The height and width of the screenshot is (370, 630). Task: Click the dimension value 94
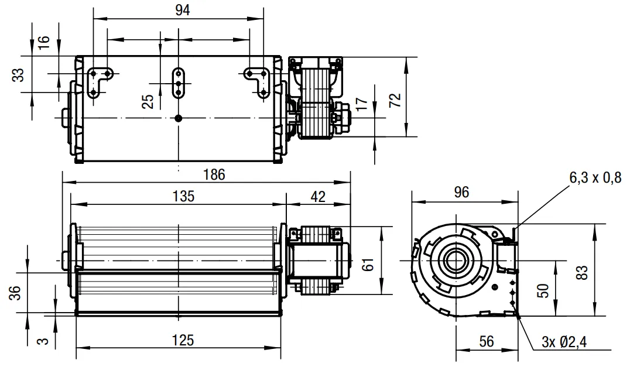coord(183,10)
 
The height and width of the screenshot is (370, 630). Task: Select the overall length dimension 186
coord(214,175)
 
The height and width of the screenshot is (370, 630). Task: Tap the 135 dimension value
coord(184,197)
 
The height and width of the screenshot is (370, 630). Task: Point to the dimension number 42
coord(318,197)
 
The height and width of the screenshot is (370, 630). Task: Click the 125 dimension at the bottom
coord(183,340)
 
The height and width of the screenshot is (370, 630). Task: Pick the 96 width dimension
coord(461,193)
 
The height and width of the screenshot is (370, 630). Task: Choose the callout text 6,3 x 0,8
coord(595,177)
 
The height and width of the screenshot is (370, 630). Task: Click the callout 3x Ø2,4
coord(564,342)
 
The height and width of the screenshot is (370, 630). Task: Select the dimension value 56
coord(486,341)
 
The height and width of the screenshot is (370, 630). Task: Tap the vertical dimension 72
coord(396,100)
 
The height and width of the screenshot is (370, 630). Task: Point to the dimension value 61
coord(368,265)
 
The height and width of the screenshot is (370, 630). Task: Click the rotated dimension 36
coord(15,293)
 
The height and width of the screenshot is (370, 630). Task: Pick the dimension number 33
coord(18,75)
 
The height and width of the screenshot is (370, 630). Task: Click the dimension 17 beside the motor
coord(362,104)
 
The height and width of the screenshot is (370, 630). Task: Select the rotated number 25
coord(148,101)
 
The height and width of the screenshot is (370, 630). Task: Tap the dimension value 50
coord(543,290)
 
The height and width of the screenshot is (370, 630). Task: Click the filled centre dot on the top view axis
coord(179,118)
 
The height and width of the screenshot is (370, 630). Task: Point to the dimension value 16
coord(43,42)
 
